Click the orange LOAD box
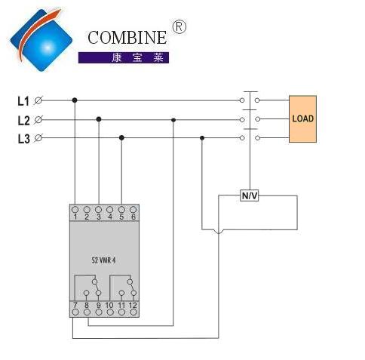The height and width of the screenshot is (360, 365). coord(302,118)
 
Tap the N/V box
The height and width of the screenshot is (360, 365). coord(250,195)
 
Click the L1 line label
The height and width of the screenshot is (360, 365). coord(23,101)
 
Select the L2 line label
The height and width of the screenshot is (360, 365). coord(23,120)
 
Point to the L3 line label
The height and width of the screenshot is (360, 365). coord(23,139)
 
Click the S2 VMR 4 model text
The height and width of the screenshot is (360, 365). coord(103,260)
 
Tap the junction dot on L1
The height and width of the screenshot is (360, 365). coord(75,100)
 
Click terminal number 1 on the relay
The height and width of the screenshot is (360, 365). coord(75,217)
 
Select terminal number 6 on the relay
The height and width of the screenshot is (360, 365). coord(133,217)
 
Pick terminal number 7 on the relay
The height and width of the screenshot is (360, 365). coord(75,305)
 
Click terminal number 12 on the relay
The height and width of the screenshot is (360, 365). coord(133,305)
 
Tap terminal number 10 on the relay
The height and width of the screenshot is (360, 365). coord(109,305)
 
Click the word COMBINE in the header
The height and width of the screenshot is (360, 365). coord(127,38)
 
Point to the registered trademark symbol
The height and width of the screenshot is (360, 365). coord(179,27)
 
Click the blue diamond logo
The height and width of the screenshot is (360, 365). coord(41,40)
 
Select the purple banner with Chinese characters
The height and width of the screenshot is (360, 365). coord(124,57)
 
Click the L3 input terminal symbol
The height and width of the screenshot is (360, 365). coord(38,138)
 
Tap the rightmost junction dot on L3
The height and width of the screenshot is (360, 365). coord(202,138)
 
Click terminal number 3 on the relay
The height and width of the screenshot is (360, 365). coord(99,217)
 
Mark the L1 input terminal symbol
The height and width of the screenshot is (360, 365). coord(38,100)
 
